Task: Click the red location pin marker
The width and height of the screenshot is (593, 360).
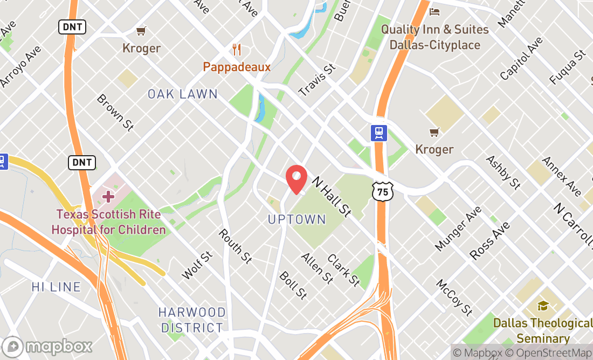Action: pyautogui.click(x=296, y=179)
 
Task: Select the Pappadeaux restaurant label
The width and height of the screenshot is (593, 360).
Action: pyautogui.click(x=237, y=67)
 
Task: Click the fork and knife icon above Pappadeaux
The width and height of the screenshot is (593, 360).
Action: pyautogui.click(x=237, y=50)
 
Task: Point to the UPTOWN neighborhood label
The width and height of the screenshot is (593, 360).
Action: pyautogui.click(x=297, y=219)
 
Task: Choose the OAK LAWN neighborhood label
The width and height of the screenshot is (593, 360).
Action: pyautogui.click(x=183, y=94)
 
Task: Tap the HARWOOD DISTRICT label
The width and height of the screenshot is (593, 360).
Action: pyautogui.click(x=192, y=320)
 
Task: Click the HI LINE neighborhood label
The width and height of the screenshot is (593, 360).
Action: pyautogui.click(x=56, y=287)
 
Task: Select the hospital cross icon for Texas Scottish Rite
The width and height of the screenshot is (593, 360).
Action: pyautogui.click(x=108, y=196)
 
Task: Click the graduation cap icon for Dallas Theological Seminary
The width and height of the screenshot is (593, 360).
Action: pyautogui.click(x=543, y=306)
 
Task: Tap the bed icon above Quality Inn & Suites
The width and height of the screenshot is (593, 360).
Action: pyautogui.click(x=435, y=12)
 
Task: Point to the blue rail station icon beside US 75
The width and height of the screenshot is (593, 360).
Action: pyautogui.click(x=379, y=133)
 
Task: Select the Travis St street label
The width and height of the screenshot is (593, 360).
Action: pyautogui.click(x=318, y=80)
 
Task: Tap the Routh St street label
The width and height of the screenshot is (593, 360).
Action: pyautogui.click(x=235, y=246)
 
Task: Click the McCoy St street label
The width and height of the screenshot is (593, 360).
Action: pyautogui.click(x=454, y=297)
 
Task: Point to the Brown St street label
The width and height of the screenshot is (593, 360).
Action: pyautogui.click(x=115, y=112)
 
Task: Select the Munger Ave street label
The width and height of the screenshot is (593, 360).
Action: pyautogui.click(x=458, y=228)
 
